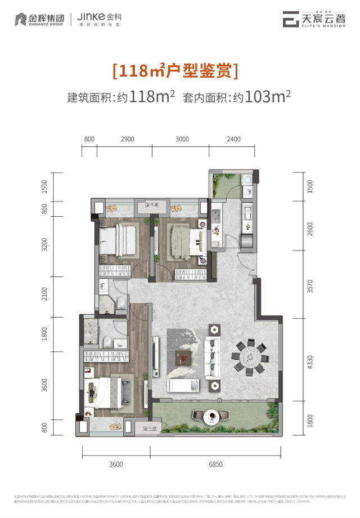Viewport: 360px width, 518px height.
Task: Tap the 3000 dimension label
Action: (x=181, y=139)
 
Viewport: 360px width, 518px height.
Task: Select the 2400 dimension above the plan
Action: (x=233, y=139)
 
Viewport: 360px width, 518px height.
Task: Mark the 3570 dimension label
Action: (x=308, y=287)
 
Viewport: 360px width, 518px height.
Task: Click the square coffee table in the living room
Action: (x=184, y=356)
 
